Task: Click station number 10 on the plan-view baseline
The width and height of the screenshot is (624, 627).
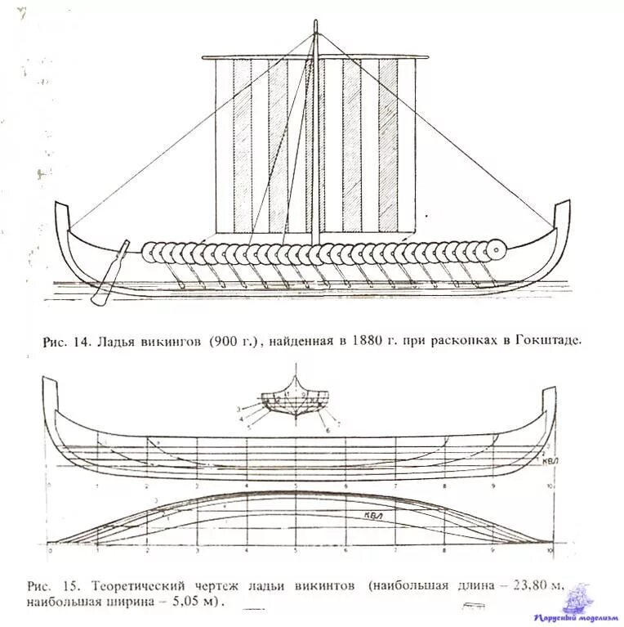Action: [x=552, y=553]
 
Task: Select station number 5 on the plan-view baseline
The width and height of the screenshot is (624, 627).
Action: [x=297, y=553]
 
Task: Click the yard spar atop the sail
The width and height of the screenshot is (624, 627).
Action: [x=315, y=57]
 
